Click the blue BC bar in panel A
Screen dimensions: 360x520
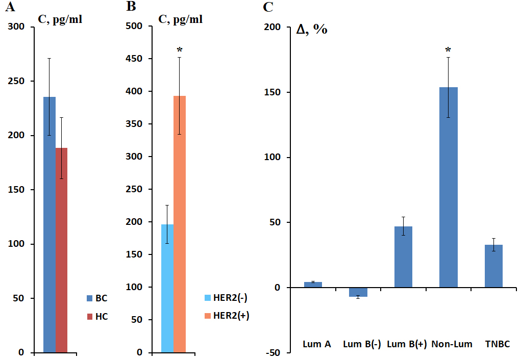[x=49, y=224]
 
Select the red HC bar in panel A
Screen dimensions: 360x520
[x=61, y=250]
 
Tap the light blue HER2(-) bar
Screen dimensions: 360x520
[x=167, y=288]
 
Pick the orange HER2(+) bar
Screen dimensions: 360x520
[x=179, y=224]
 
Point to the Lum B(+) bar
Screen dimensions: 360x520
[x=403, y=257]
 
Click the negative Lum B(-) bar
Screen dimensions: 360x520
[x=358, y=292]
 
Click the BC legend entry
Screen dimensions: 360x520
[x=97, y=298]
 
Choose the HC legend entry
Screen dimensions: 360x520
[x=97, y=317]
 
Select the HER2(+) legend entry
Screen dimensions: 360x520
[x=225, y=316]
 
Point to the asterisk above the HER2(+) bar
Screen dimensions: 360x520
[x=179, y=50]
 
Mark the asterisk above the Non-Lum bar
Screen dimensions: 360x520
[x=448, y=50]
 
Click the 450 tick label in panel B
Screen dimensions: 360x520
[x=135, y=59]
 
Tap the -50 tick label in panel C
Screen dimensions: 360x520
[x=273, y=352]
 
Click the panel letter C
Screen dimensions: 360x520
[x=268, y=7]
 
